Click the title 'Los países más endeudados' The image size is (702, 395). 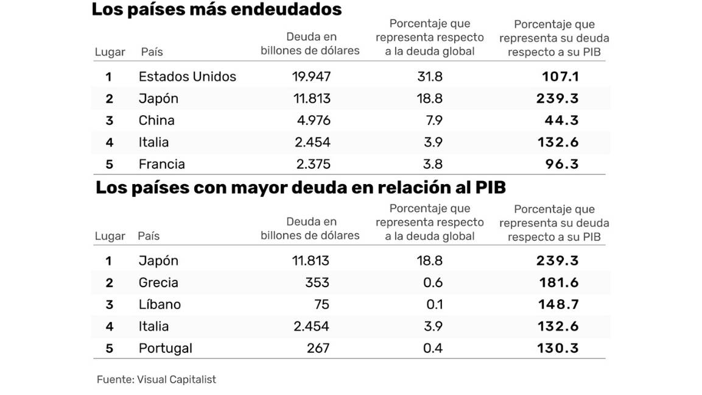click(216, 10)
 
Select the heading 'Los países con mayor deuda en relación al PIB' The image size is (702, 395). click(300, 188)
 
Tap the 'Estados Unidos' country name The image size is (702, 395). click(187, 77)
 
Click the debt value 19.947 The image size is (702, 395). click(311, 77)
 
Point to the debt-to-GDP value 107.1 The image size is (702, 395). click(560, 77)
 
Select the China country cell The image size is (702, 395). click(156, 121)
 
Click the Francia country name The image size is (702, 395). click(161, 165)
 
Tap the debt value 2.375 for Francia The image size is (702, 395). click(313, 165)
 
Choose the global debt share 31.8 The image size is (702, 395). click(429, 77)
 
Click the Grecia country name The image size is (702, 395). click(158, 283)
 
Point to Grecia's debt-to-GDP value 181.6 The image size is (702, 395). click(558, 283)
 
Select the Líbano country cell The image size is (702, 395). click(160, 305)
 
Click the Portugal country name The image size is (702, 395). click(165, 349)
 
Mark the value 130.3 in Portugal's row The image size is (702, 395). click(558, 349)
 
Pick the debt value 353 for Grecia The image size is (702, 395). click(317, 283)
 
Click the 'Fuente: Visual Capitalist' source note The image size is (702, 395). click(156, 380)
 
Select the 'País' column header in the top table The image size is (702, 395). click(152, 52)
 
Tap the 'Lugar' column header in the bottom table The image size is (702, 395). click(110, 237)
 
